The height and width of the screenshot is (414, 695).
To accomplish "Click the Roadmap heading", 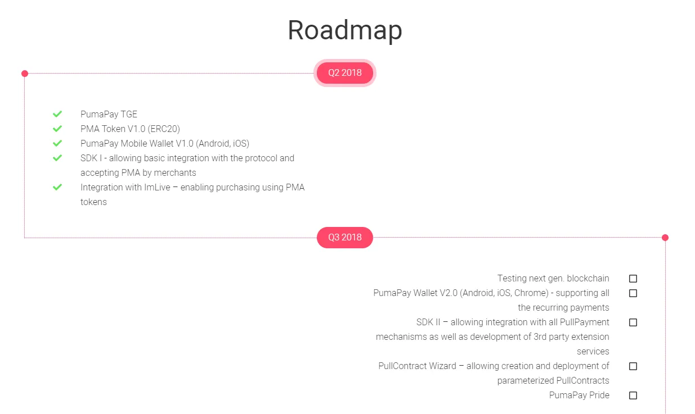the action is pos(345,30).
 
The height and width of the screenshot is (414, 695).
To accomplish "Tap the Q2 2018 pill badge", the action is pos(345,73).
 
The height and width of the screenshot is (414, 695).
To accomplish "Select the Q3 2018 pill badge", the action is pos(345,238).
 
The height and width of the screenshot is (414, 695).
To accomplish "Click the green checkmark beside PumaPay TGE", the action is pos(57,114).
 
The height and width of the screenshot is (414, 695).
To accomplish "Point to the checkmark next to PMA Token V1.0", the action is pos(57,129).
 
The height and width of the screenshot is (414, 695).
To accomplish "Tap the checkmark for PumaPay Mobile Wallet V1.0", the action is pos(57,143).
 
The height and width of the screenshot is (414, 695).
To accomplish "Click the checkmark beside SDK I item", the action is pos(57,158).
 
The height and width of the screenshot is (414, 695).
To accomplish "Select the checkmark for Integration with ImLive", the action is pos(57,187).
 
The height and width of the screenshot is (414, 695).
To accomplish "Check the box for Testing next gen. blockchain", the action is pos(633,279).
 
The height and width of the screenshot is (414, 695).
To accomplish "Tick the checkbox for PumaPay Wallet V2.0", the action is pos(633,293).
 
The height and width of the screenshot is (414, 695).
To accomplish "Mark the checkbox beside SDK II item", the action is pos(633,322).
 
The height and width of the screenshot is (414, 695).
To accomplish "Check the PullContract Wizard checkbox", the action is pos(633,366).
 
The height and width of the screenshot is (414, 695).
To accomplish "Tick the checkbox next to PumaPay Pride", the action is pos(633,395).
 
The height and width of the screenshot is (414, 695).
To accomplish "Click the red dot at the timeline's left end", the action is pos(25,74).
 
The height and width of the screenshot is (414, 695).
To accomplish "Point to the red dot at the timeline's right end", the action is pos(665,238).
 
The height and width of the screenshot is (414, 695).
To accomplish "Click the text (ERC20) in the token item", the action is pos(164,129).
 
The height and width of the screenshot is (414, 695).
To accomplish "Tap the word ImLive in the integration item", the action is pos(157,187).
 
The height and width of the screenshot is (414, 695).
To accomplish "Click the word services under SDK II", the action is pos(593,352).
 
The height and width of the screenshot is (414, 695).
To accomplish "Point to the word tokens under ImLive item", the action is pos(93,202).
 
